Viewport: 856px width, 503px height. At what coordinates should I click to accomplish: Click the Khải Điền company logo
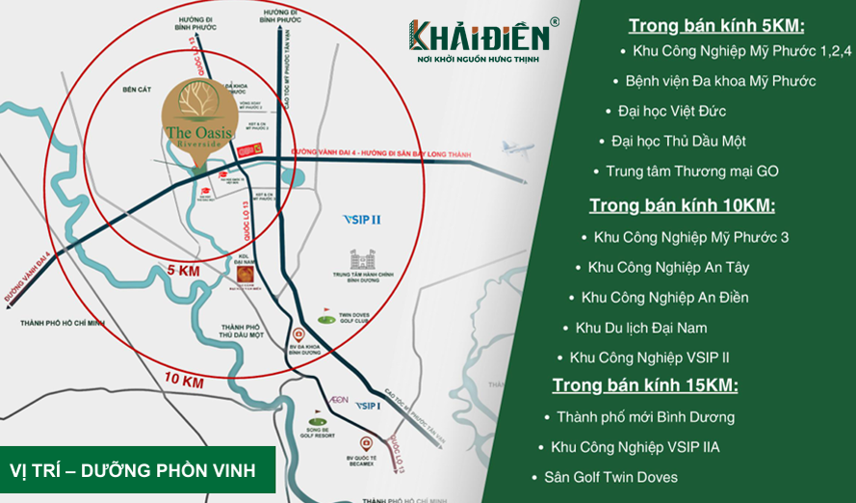(x=482, y=39)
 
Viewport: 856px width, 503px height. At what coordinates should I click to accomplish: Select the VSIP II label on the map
(x=362, y=220)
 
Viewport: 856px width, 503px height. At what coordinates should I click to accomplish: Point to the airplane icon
(x=516, y=149)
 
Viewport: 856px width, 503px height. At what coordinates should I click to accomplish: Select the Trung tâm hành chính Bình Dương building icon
(x=362, y=261)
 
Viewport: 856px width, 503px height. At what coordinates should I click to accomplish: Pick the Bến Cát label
(x=125, y=88)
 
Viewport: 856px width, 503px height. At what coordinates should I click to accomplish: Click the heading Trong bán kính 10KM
(x=682, y=205)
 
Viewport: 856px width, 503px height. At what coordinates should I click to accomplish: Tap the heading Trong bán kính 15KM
(x=645, y=385)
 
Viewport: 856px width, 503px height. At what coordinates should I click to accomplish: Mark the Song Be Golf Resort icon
(x=319, y=421)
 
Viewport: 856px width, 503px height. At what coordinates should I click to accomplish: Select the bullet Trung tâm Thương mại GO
(x=691, y=172)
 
